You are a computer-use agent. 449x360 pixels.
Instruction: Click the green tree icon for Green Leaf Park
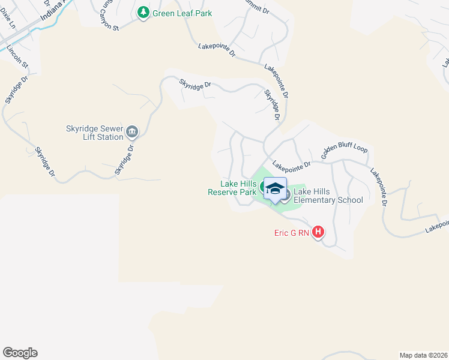[143, 13]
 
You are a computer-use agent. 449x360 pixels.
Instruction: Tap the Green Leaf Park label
[182, 13]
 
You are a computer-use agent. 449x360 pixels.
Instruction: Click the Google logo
[20, 353]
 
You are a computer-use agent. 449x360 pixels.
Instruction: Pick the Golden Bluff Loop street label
[343, 152]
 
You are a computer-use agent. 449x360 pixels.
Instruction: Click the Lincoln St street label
[19, 53]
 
